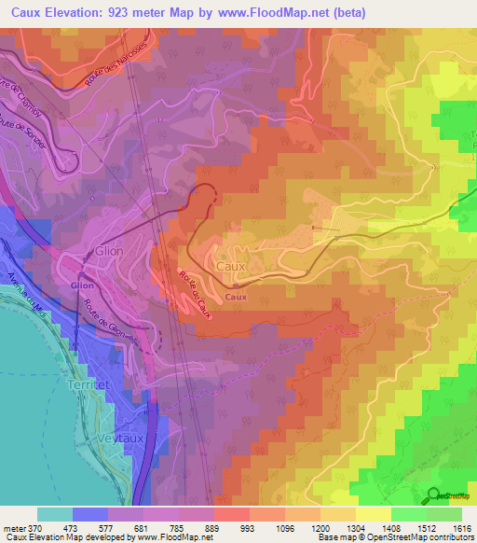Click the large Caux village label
click(x=230, y=266)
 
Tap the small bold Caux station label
click(x=236, y=298)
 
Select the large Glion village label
click(x=108, y=252)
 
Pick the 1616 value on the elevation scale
click(x=460, y=527)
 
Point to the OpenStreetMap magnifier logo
click(x=433, y=495)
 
